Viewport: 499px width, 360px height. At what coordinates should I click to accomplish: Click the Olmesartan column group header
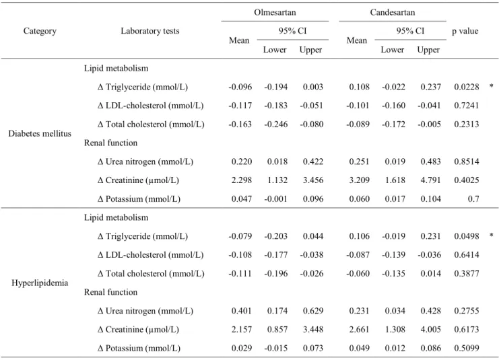[x=275, y=12]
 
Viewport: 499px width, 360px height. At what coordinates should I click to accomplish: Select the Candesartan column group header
[x=393, y=12]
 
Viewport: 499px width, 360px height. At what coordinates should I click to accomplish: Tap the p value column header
[x=465, y=31]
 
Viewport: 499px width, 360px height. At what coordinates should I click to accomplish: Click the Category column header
[x=40, y=31]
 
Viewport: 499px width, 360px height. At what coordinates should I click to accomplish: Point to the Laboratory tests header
[x=150, y=31]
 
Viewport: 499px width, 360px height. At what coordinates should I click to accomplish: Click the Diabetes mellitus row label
[x=40, y=133]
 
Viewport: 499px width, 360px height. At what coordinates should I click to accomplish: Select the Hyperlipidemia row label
[x=40, y=283]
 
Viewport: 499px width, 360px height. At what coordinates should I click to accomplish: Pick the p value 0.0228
[x=466, y=87]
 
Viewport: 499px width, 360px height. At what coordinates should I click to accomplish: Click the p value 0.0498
[x=466, y=236]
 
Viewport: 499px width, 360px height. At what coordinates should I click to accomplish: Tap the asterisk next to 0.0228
[x=492, y=86]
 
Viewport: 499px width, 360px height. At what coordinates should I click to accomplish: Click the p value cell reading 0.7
[x=473, y=199]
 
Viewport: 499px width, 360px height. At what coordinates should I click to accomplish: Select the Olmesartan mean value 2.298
[x=242, y=180]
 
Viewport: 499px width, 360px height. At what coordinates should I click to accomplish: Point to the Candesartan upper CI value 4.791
[x=430, y=180]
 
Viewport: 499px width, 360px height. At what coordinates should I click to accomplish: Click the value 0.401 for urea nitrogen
[x=242, y=311]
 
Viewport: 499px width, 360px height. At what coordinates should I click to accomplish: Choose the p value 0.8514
[x=466, y=161]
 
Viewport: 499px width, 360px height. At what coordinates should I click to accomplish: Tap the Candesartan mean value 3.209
[x=360, y=180]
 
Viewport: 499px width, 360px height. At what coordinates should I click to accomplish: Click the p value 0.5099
[x=466, y=349]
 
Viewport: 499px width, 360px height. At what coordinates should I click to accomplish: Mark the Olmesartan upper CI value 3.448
[x=313, y=330]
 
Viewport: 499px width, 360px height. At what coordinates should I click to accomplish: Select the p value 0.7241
[x=466, y=106]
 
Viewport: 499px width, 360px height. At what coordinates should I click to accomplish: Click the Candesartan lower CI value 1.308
[x=395, y=330]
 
